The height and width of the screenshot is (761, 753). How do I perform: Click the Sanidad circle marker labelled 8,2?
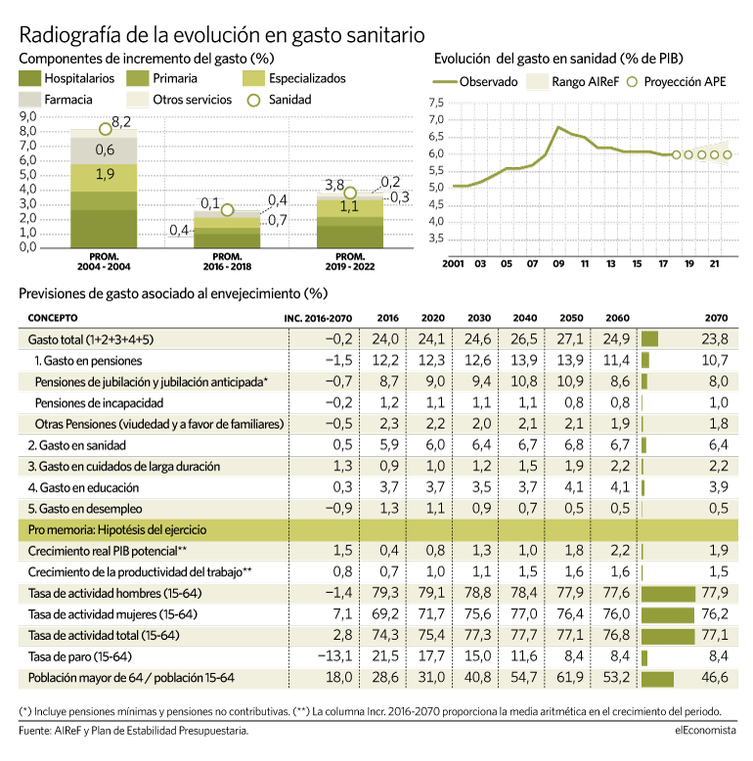(x=106, y=129)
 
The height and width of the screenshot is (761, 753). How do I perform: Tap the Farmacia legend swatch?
(x=29, y=100)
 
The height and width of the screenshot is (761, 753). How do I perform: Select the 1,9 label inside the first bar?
(x=105, y=174)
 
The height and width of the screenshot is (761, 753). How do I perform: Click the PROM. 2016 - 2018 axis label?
(x=227, y=262)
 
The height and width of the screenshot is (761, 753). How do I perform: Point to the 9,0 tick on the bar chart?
(x=28, y=116)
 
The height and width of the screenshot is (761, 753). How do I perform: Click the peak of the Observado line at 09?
(x=558, y=127)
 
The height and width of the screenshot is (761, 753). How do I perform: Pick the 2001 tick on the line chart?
(x=453, y=264)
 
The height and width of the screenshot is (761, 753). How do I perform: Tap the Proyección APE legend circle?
(x=632, y=82)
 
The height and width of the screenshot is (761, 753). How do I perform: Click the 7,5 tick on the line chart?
(x=436, y=103)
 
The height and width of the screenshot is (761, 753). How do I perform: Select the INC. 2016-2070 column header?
(x=318, y=318)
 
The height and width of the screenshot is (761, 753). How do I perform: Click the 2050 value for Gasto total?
(x=570, y=339)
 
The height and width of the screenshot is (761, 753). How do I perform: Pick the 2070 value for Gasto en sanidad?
(x=718, y=444)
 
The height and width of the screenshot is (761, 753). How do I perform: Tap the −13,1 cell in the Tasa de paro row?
(x=334, y=656)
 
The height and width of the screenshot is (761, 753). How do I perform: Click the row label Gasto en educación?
(x=83, y=487)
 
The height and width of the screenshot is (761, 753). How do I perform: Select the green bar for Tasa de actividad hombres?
(x=669, y=594)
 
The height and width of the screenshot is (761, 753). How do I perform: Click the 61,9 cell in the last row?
(x=570, y=677)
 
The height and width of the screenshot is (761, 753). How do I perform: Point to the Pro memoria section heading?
(x=117, y=529)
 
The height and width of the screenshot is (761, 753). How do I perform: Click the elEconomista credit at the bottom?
(x=705, y=730)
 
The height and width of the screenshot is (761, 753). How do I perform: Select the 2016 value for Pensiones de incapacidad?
(x=389, y=402)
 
